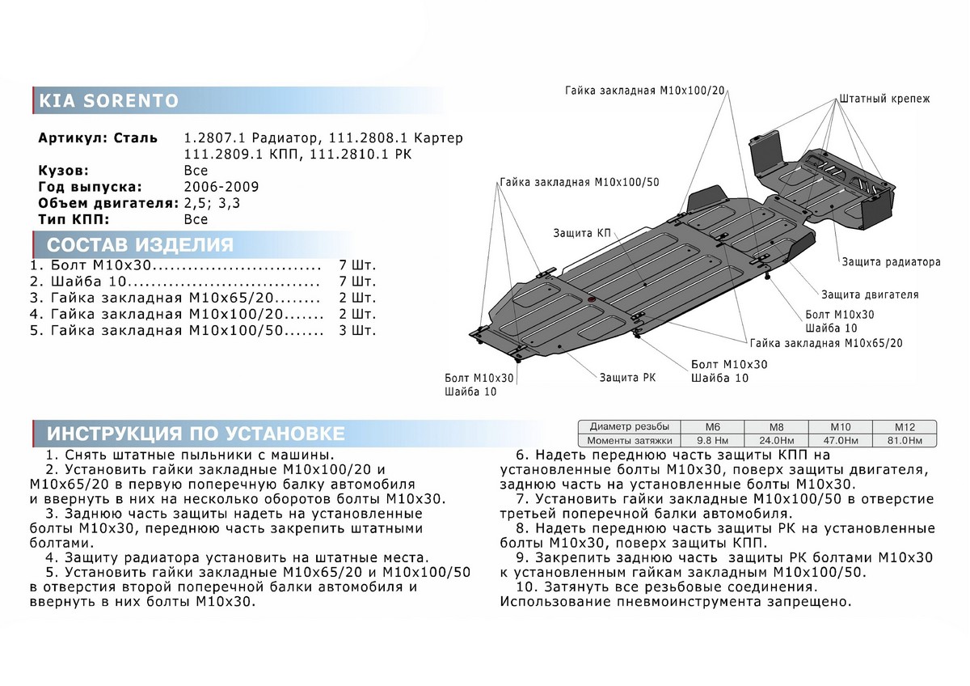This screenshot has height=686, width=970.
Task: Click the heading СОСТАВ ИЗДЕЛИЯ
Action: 140,245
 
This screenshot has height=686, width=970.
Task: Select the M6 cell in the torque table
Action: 711,426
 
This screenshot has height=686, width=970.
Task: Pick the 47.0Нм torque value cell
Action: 840,441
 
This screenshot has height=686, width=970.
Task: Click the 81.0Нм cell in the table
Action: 904,441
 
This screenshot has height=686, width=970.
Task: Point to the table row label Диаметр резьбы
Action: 629,426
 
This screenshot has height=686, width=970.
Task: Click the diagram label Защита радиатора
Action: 891,262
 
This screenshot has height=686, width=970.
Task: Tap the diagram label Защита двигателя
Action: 870,294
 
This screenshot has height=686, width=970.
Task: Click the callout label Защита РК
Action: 626,377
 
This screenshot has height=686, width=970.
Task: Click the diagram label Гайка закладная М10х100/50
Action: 579,182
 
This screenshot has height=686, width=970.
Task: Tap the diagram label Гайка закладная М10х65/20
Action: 825,343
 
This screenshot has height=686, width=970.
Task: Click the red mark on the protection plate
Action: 591,300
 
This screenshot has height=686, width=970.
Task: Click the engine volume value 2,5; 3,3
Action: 212,203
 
